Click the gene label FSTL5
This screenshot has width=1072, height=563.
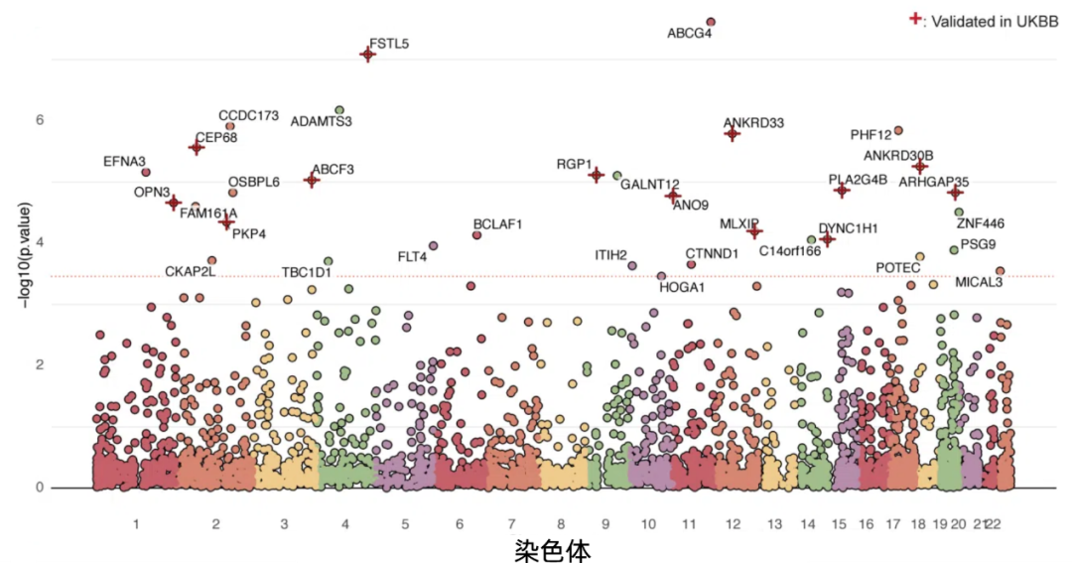(x=389, y=44)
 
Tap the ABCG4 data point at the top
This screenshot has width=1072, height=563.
(x=711, y=22)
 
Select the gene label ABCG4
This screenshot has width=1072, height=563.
(x=689, y=34)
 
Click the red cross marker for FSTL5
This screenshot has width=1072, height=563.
(x=367, y=54)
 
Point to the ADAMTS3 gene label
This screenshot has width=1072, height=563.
(x=321, y=122)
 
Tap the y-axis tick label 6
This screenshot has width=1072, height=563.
(x=40, y=120)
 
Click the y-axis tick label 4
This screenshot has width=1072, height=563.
(x=40, y=242)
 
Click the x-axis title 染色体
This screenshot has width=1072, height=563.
(x=552, y=549)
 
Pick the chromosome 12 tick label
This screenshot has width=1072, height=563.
(x=733, y=523)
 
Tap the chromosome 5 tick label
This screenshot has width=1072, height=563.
(x=405, y=523)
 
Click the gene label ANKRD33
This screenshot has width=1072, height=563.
(x=753, y=123)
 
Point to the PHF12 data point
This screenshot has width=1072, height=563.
(x=898, y=130)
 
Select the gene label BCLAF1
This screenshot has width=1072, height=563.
(x=497, y=224)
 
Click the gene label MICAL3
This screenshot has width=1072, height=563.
(x=979, y=283)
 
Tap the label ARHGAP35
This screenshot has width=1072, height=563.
(x=933, y=182)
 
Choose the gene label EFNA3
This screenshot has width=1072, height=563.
(x=124, y=161)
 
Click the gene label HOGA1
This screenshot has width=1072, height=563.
(x=682, y=288)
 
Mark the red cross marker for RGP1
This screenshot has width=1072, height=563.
(x=597, y=175)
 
